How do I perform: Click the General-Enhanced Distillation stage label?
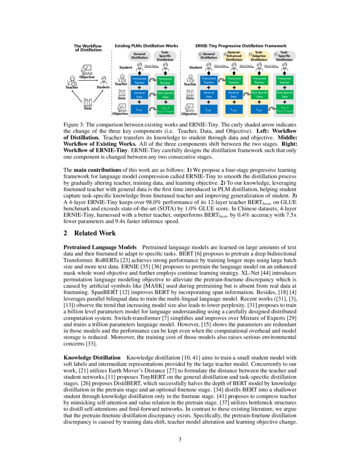(234, 56)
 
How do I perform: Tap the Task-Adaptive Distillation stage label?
(259, 56)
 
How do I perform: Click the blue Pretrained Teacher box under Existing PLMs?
(139, 80)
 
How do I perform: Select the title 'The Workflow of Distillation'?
(88, 47)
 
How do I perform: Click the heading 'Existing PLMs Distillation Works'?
(147, 45)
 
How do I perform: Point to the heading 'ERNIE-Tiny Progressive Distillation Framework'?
(241, 45)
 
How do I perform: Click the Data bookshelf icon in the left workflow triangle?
(88, 102)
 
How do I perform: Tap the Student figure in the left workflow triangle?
(103, 80)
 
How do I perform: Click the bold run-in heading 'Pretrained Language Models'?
(100, 247)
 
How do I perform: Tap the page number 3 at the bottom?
(180, 439)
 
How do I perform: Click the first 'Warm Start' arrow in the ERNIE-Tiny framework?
(220, 66)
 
